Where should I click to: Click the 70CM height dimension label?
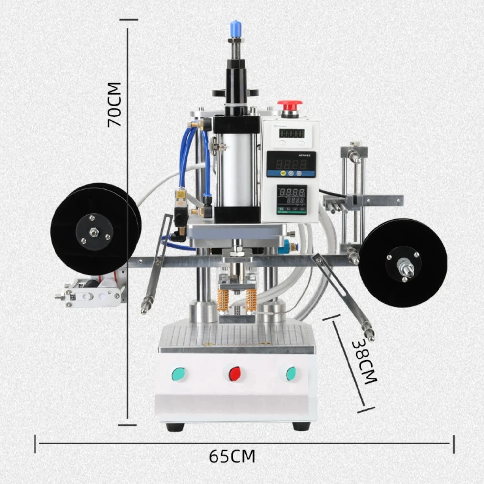click(115, 104)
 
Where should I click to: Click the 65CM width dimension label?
click(232, 456)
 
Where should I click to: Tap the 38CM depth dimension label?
click(364, 361)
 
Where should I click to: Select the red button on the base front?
click(235, 373)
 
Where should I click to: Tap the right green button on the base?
click(291, 373)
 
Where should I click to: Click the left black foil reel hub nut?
click(94, 232)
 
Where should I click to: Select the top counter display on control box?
click(292, 133)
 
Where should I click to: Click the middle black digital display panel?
click(291, 164)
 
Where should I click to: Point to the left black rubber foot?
click(175, 427)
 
